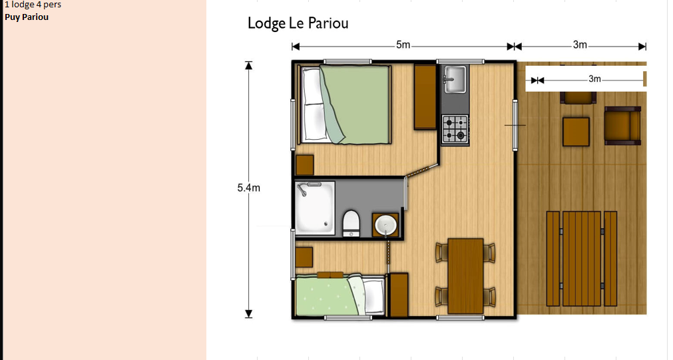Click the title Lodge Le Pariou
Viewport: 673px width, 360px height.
click(x=298, y=23)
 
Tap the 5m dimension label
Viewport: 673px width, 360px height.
click(x=403, y=45)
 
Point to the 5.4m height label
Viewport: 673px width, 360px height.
click(x=248, y=188)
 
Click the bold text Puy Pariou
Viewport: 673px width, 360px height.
click(x=27, y=17)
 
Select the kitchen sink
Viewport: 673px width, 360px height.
click(x=455, y=79)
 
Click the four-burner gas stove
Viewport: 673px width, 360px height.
click(x=455, y=129)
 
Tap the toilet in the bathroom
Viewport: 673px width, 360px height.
click(x=351, y=223)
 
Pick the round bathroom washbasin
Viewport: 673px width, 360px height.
click(x=385, y=225)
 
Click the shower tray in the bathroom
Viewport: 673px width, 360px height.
click(x=315, y=208)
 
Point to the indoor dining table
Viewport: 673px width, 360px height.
click(x=466, y=276)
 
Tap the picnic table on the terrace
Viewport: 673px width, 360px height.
click(x=582, y=258)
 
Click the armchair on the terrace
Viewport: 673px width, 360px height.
click(x=622, y=125)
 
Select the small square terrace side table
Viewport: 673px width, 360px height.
click(x=576, y=132)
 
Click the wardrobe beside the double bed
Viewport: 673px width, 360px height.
click(x=425, y=96)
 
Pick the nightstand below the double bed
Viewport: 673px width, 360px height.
click(x=305, y=165)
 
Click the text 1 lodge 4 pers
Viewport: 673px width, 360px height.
click(x=33, y=5)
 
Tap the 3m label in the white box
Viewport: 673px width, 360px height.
click(x=594, y=79)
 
